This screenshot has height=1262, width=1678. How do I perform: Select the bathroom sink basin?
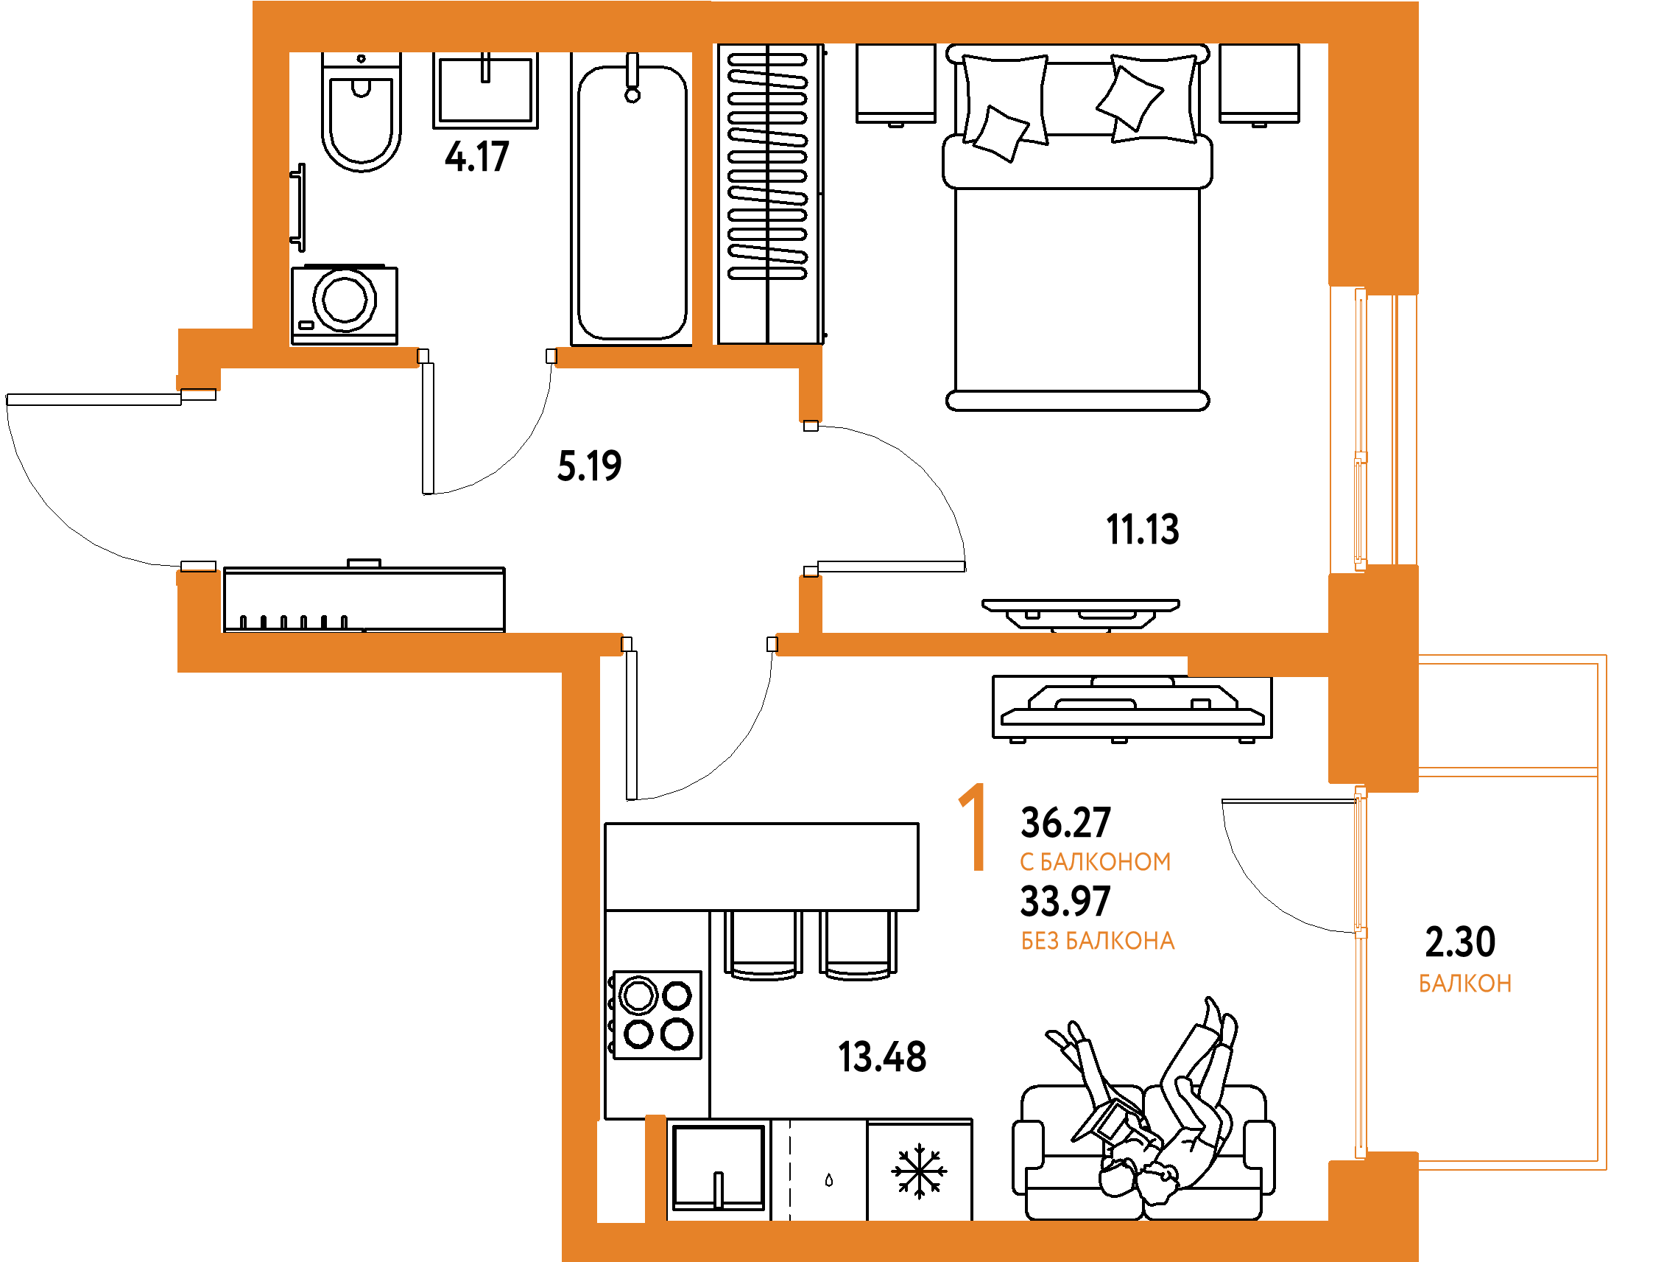pos(485,90)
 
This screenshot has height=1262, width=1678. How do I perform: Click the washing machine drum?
pos(345,299)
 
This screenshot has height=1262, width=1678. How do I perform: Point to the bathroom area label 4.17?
pos(476,156)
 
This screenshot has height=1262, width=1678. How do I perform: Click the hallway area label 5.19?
pos(590,465)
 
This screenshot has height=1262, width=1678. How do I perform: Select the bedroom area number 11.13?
pos(1143,529)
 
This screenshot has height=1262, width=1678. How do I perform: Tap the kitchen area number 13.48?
pos(882,1056)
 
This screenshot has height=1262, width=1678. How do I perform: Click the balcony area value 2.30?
pos(1460,941)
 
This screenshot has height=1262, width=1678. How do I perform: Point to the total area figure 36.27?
pos(1066,823)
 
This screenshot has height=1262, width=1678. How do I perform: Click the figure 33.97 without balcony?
pos(1066,902)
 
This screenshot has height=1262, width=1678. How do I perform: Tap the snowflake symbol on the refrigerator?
pos(920,1171)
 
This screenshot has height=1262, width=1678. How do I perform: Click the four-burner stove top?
pos(657,1014)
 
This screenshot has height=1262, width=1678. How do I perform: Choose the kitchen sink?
pos(719,1168)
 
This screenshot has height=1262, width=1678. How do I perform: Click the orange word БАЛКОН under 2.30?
pos(1464,984)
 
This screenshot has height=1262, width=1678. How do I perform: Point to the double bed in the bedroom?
pos(1077,228)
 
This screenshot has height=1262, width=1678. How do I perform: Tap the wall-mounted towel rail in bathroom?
pos(299,207)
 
